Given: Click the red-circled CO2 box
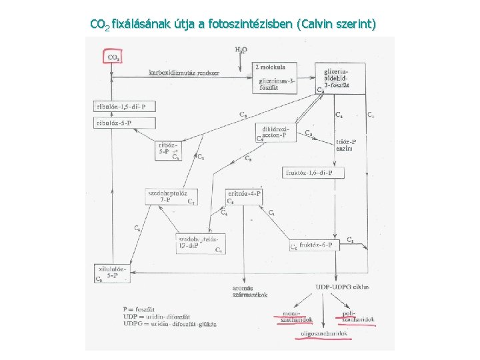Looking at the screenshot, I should (113, 56).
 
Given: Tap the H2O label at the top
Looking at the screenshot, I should (241, 49).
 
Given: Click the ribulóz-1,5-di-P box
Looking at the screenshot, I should (125, 106).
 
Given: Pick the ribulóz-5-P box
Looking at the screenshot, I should (125, 123).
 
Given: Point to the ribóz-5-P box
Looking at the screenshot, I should (167, 150).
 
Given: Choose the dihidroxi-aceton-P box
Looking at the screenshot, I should (275, 132).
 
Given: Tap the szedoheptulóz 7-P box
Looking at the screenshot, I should (171, 196).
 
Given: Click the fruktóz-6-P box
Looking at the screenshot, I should (314, 245).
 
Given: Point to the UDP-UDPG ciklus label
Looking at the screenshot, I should (341, 287).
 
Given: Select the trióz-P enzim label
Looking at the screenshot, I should (345, 145).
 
